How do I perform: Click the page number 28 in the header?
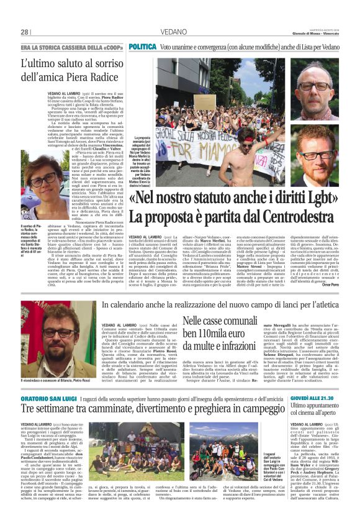click(25, 32)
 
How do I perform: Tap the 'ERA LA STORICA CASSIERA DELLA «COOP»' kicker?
click(71, 47)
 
